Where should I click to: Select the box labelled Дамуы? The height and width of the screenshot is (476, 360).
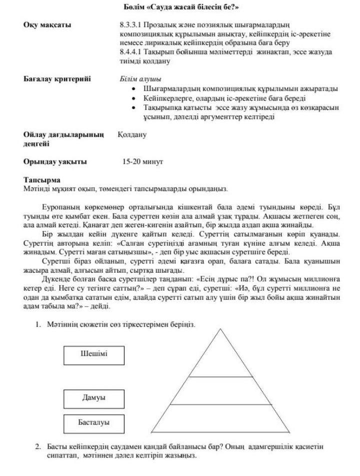[x=94, y=399]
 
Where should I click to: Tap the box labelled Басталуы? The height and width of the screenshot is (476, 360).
[x=94, y=423]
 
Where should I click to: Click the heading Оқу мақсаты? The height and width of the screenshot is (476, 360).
[x=47, y=25]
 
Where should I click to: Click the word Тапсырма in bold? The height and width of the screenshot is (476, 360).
[x=42, y=179]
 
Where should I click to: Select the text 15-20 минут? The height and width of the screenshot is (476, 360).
[x=143, y=162]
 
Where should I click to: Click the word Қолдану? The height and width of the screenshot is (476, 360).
[x=132, y=135]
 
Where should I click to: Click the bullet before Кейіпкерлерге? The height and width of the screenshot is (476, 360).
[x=133, y=98]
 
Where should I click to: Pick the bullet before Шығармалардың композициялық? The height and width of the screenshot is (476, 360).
[x=133, y=89]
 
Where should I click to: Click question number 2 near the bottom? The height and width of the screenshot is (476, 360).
[x=38, y=446]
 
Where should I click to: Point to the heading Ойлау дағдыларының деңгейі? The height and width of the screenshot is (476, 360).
[x=63, y=139]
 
